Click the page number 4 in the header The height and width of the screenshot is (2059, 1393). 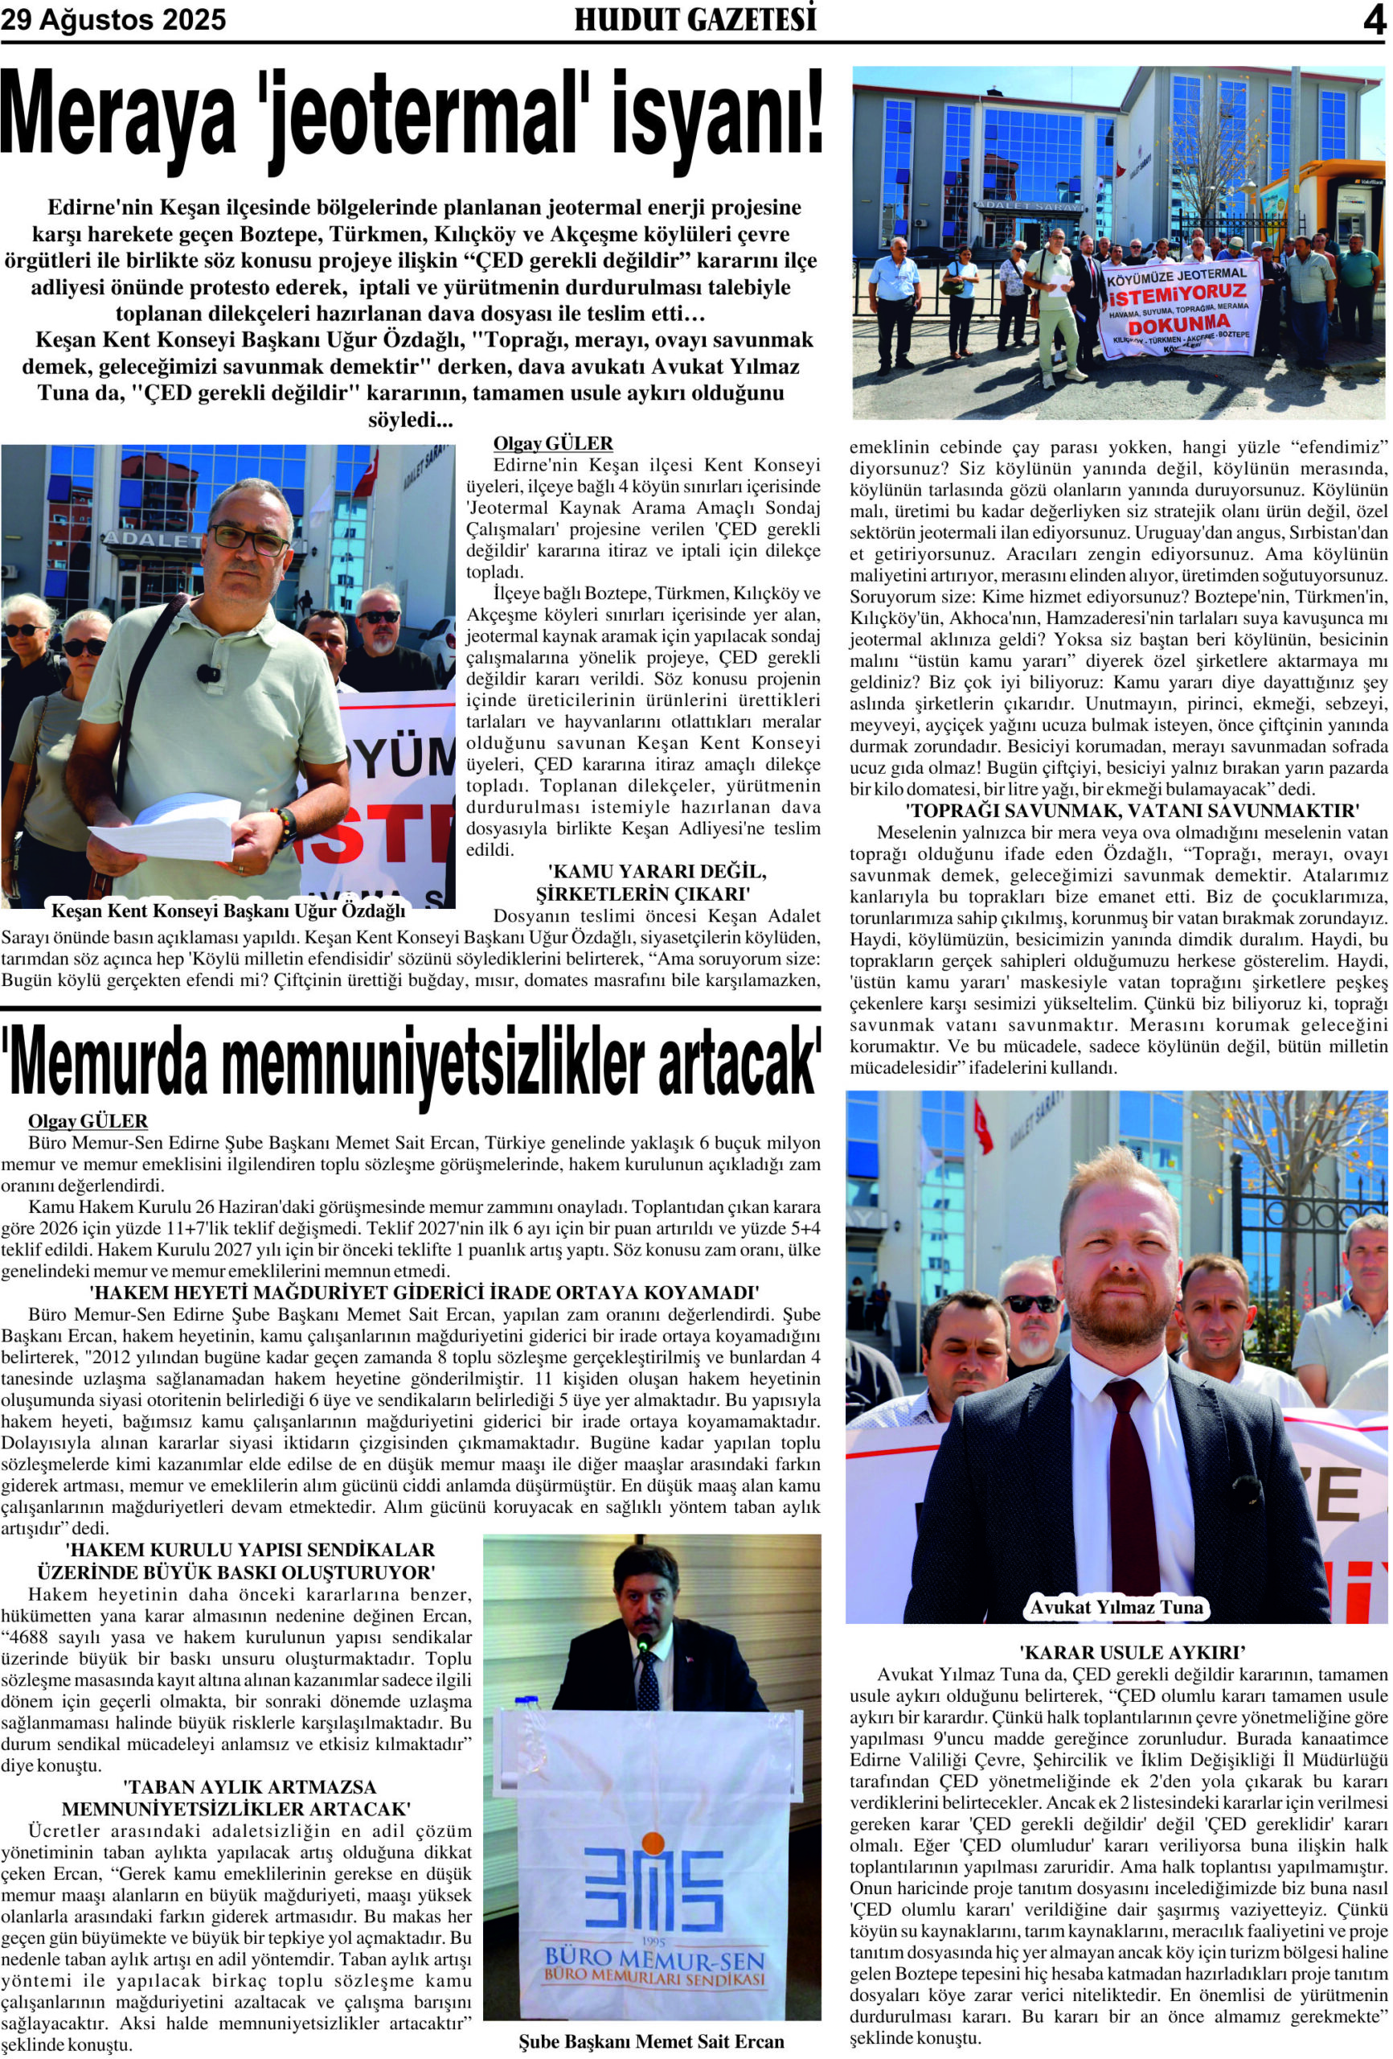[x=1374, y=20]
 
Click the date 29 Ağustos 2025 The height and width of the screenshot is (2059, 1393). [x=113, y=19]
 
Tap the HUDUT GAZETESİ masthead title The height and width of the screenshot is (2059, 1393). [x=695, y=19]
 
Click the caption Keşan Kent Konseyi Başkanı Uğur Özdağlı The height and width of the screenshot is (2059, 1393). [x=228, y=910]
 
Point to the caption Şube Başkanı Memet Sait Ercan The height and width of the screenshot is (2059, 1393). [x=651, y=2041]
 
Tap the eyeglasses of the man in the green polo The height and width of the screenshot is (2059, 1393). [x=251, y=536]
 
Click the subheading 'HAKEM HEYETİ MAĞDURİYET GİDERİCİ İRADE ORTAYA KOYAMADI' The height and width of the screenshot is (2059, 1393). [x=424, y=1293]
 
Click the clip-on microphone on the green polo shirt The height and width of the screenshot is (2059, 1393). [x=209, y=672]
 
